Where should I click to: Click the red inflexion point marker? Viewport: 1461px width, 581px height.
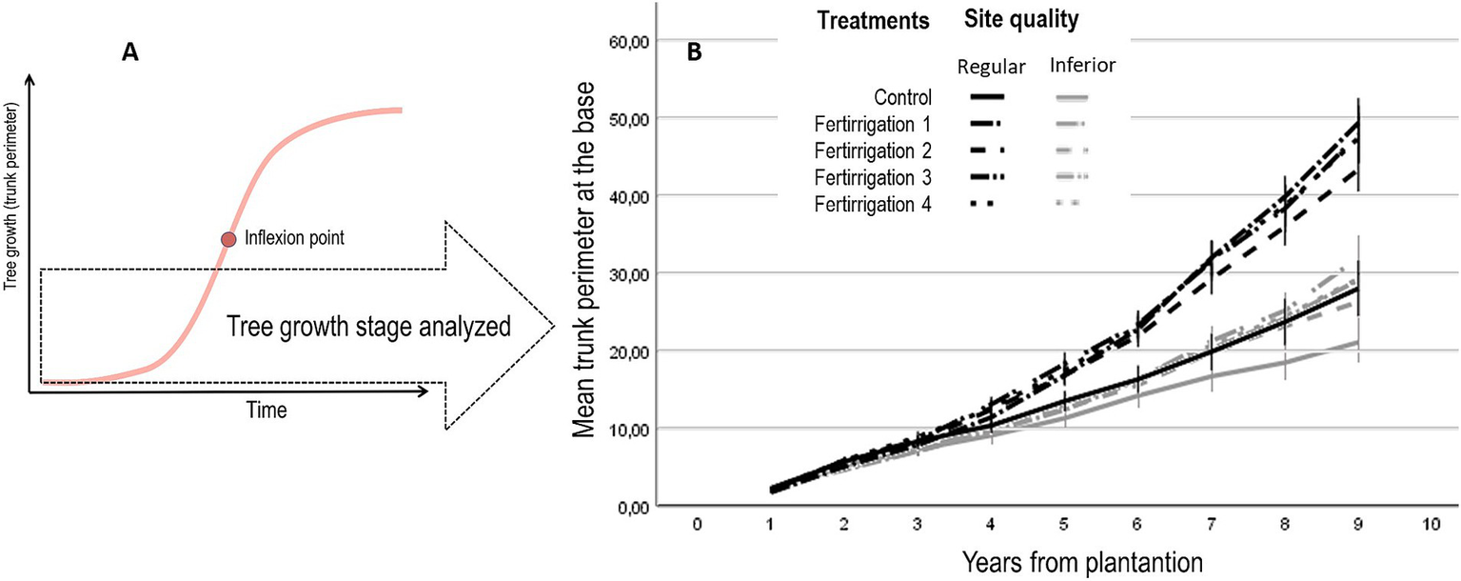point(227,240)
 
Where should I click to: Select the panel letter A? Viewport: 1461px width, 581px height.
point(130,54)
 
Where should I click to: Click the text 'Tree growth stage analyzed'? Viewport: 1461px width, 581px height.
point(371,327)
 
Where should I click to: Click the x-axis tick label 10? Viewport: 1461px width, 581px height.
point(1429,526)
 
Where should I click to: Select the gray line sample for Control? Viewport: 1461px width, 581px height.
point(1071,97)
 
